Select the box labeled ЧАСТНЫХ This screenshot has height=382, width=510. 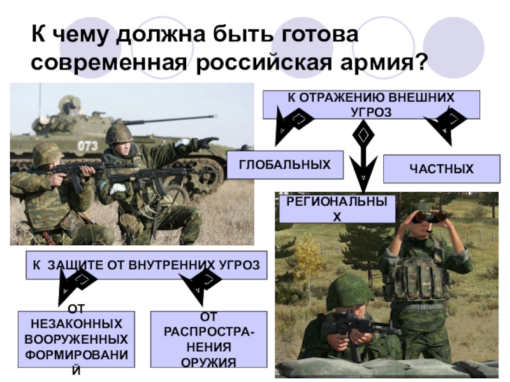(441, 169)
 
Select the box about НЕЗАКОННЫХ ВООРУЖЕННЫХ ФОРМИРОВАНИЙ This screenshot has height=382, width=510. (76, 340)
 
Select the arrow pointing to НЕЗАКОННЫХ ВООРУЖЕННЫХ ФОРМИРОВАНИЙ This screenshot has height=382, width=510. (73, 286)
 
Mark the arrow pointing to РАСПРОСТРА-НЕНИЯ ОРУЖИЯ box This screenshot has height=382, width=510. (200, 286)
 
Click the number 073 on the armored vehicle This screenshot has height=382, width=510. (87, 146)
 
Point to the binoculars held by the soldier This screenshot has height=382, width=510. (428, 216)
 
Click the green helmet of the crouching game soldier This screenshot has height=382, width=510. (348, 292)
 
